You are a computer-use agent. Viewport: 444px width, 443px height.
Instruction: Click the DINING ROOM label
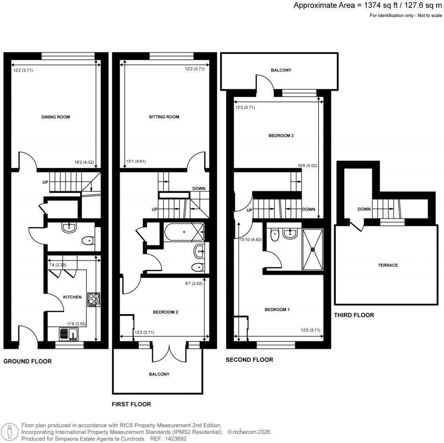tap(55, 117)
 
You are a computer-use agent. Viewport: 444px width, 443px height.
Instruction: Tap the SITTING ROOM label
tap(164, 117)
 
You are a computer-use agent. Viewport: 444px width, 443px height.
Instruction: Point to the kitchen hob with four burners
tap(94, 299)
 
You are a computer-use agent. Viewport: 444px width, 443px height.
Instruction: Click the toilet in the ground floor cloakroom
tap(88, 240)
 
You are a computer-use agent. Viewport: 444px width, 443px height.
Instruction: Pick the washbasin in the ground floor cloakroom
tap(69, 228)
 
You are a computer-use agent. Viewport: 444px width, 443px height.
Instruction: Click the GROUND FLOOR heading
tap(27, 361)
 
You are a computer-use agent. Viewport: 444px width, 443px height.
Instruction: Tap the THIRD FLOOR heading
tap(354, 315)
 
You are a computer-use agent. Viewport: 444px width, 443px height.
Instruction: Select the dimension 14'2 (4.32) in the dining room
tap(84, 163)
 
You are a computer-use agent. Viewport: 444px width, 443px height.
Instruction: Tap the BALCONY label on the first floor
tap(159, 374)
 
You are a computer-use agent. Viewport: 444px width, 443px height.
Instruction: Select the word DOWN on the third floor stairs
tap(364, 209)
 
